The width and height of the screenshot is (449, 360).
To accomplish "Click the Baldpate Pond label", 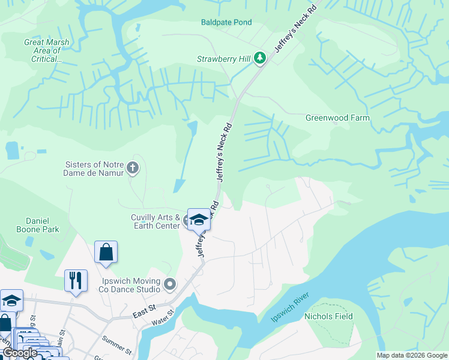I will tap(226, 22).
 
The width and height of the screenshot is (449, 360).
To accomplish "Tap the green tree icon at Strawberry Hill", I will tap(260, 58).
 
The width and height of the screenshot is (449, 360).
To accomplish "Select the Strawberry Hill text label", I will tap(223, 59).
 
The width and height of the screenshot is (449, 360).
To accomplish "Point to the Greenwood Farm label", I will tap(337, 118).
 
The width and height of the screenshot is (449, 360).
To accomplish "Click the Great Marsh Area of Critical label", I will tap(46, 50).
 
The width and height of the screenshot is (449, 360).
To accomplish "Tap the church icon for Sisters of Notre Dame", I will tap(133, 169).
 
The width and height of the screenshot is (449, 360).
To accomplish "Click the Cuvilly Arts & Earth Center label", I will tap(155, 221).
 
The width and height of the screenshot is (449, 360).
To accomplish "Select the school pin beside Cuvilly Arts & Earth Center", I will tap(199, 220).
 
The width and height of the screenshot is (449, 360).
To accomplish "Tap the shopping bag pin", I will tap(106, 253).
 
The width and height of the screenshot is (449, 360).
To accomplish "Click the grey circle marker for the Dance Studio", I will tap(170, 283).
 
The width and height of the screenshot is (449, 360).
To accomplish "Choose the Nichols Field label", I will tap(328, 316).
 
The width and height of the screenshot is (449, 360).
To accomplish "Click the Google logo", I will tap(20, 353).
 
